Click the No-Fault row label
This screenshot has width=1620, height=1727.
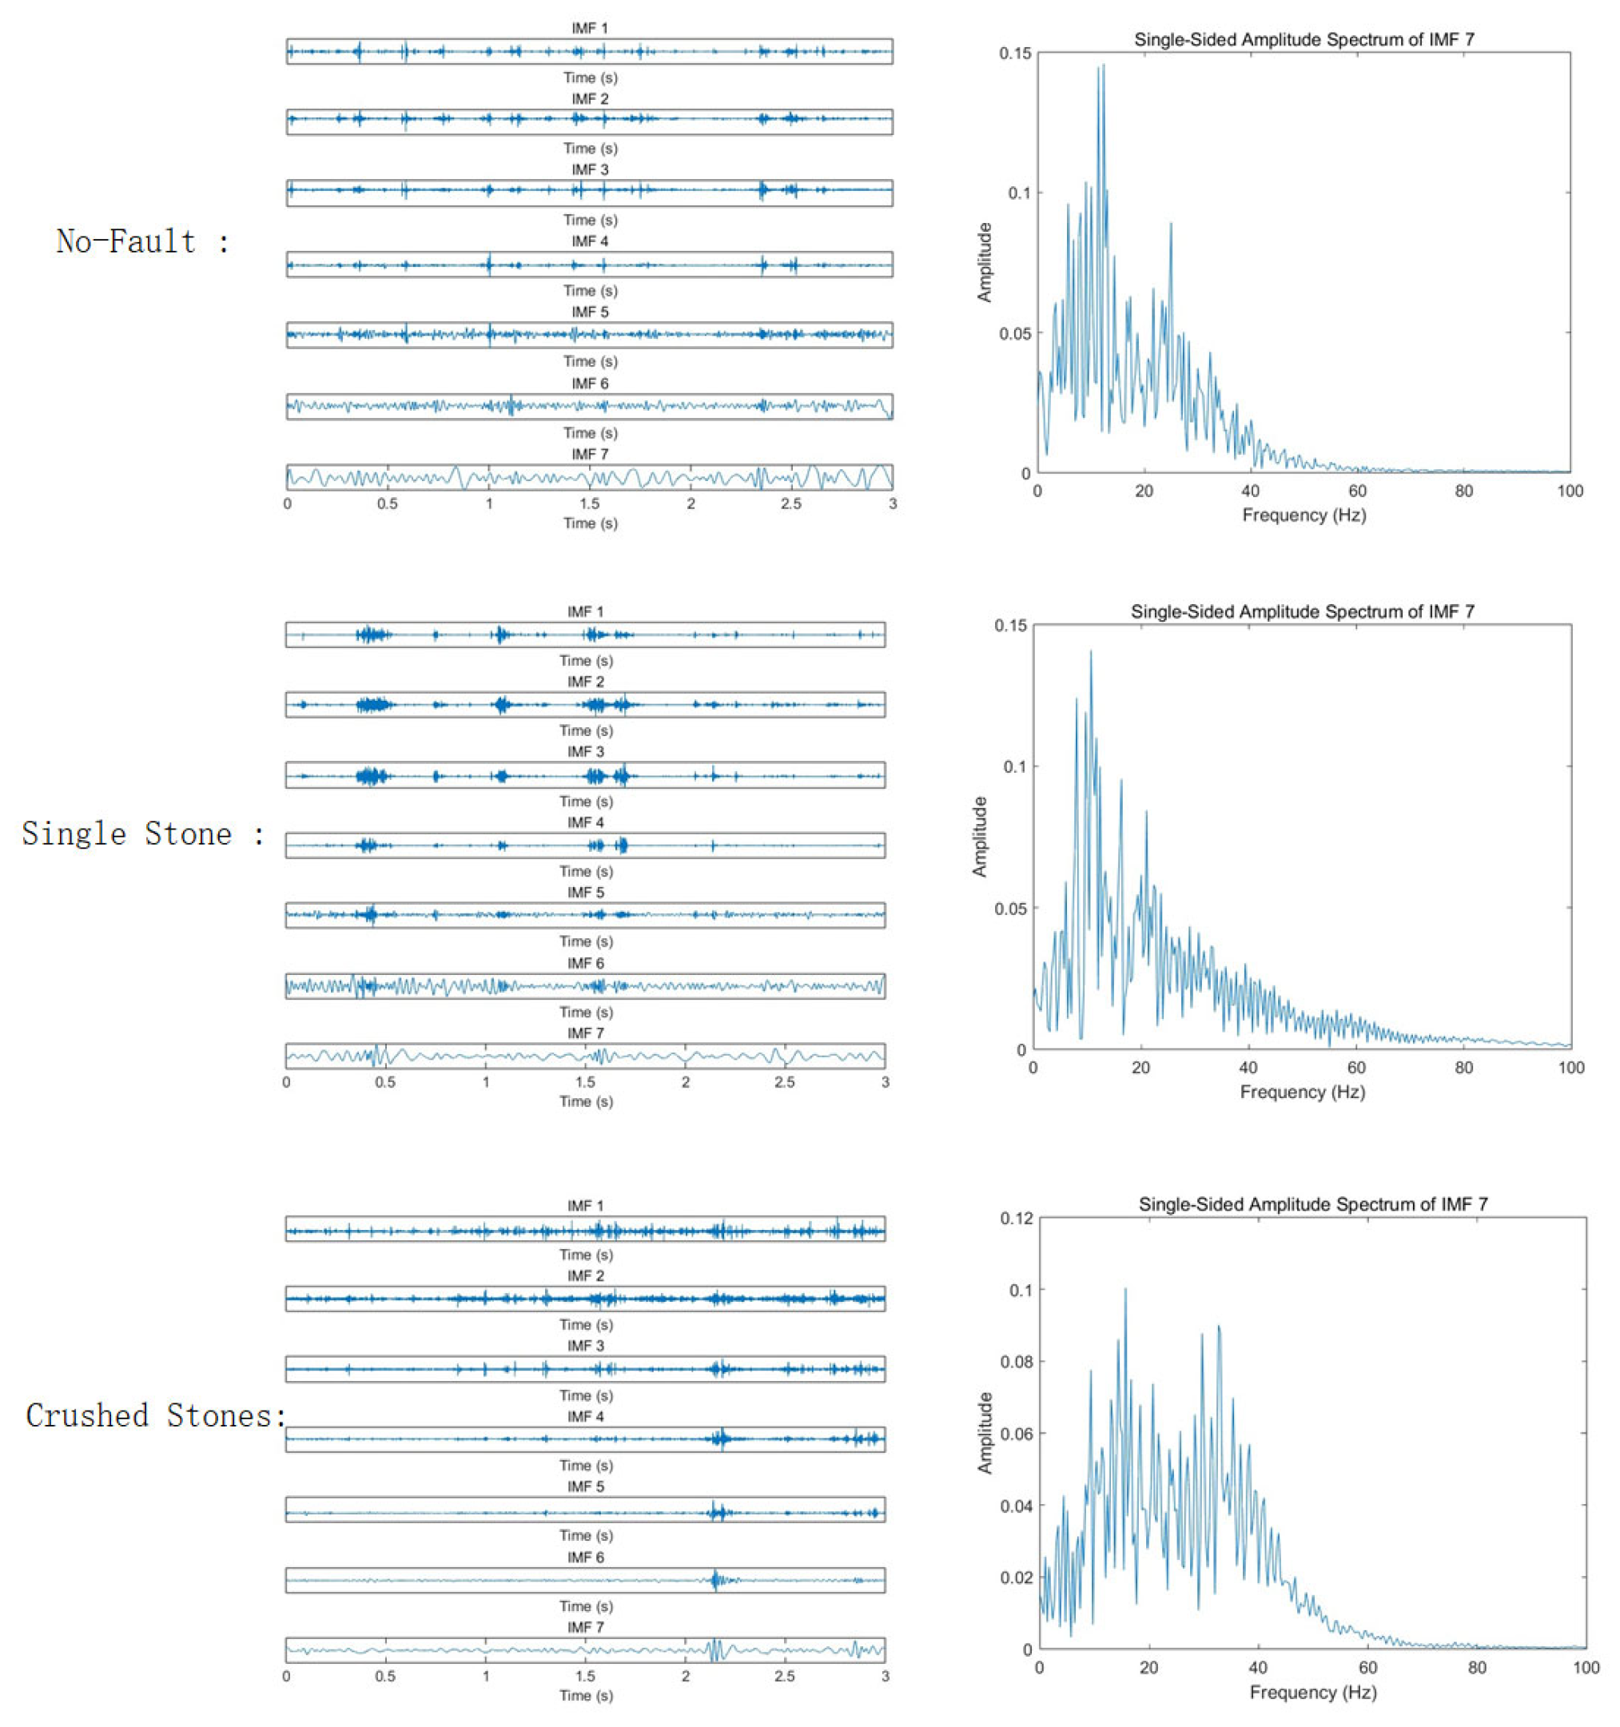(x=142, y=241)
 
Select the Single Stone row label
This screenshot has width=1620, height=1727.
(x=142, y=834)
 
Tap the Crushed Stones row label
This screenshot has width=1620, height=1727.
(x=154, y=1416)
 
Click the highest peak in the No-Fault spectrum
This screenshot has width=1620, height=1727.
(x=1103, y=66)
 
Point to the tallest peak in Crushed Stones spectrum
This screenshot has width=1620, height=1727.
(x=1124, y=1289)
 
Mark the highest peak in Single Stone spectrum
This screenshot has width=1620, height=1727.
(x=1090, y=651)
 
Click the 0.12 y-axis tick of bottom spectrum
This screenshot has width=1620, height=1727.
(x=1016, y=1219)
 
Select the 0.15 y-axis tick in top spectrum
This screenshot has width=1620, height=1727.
(x=1014, y=54)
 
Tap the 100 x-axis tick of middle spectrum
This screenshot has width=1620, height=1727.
(x=1570, y=1068)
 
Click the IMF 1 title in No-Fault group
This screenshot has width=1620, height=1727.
(x=590, y=29)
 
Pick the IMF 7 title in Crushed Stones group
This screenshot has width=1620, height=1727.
(x=586, y=1627)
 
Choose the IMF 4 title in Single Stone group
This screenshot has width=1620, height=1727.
(x=586, y=822)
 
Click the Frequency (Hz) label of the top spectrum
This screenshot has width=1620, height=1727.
(x=1303, y=515)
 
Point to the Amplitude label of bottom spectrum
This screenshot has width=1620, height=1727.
(x=984, y=1434)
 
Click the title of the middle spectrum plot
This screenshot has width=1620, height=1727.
(x=1301, y=611)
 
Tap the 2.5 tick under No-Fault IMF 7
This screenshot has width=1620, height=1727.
(x=790, y=503)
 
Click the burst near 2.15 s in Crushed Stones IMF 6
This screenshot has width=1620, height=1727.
(x=714, y=1579)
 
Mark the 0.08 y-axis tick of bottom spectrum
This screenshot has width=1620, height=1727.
(x=1016, y=1362)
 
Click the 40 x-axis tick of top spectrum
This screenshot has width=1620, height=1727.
(x=1250, y=491)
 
